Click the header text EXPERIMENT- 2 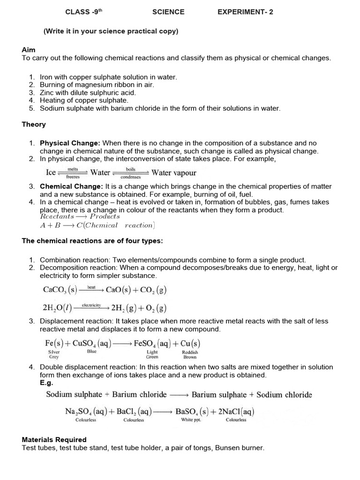coord(245,12)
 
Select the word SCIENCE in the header coord(168,12)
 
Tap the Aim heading coord(29,50)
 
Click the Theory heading coord(34,124)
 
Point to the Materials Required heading coord(54,440)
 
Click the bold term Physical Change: coord(70,143)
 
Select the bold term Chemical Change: coord(72,186)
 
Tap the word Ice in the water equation coord(51,172)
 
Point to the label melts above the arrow coord(73,168)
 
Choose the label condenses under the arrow coord(131,178)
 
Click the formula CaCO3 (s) coord(60,290)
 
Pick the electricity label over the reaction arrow coord(91,305)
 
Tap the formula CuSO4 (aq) coord(91,343)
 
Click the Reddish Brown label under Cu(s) coord(190,354)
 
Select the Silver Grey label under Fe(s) coord(54,354)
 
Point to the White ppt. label coord(190,420)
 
